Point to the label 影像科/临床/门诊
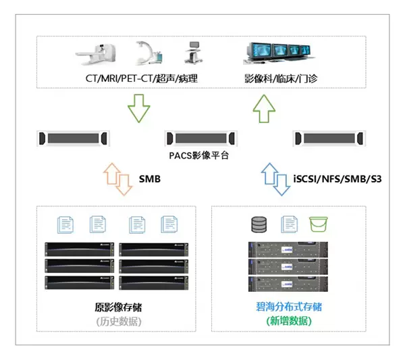281,78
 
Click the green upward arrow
266,108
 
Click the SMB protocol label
149,180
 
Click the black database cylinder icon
259,224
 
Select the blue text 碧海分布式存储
292,307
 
